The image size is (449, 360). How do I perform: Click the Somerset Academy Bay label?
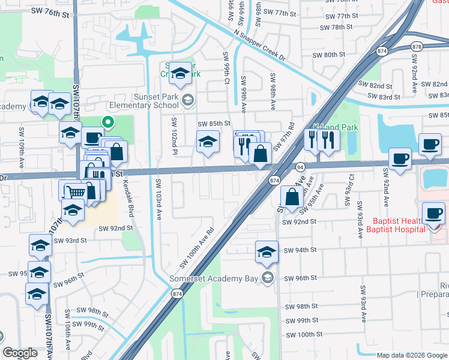(221, 278)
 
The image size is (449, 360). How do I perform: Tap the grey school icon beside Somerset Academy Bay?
(268, 278)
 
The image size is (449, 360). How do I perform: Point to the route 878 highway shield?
(418, 47)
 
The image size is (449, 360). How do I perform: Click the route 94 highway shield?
(300, 166)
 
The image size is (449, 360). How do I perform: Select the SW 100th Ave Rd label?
(197, 248)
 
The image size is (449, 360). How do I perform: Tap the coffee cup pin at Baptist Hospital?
(433, 214)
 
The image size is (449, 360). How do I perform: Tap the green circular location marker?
(108, 122)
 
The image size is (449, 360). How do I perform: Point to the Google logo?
(20, 353)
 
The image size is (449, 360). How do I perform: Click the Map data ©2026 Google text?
(411, 355)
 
